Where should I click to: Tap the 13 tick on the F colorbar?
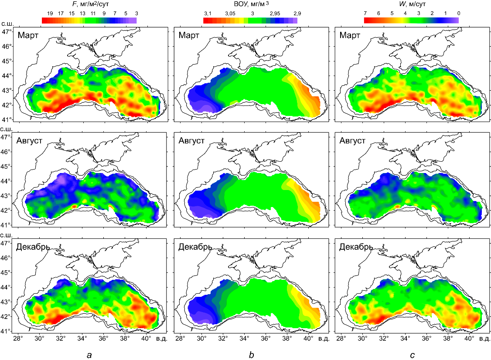[82, 14]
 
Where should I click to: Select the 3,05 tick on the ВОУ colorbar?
[230, 14]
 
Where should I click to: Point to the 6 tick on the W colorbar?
[378, 14]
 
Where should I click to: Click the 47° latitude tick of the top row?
[7, 32]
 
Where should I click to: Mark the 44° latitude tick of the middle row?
[7, 181]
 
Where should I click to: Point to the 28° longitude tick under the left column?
[18, 338]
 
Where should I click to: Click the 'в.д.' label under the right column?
[484, 338]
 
